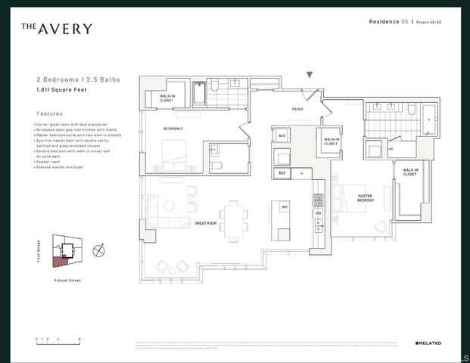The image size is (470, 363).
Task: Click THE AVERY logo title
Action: point(57,29)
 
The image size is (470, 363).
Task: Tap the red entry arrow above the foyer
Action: point(309,75)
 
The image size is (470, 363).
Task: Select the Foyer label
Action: point(297,109)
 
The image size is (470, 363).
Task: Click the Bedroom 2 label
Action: point(173,129)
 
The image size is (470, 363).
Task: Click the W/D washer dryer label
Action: point(282,136)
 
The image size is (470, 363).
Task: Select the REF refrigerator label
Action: point(282,173)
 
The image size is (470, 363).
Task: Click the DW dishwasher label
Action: point(318,213)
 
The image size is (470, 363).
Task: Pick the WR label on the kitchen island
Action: point(285,206)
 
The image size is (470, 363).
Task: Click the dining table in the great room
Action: point(234,217)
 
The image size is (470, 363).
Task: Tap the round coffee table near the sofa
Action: point(169,205)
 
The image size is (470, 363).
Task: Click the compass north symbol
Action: point(97,250)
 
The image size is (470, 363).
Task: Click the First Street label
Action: point(39,251)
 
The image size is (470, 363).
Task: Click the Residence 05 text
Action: point(388,23)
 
